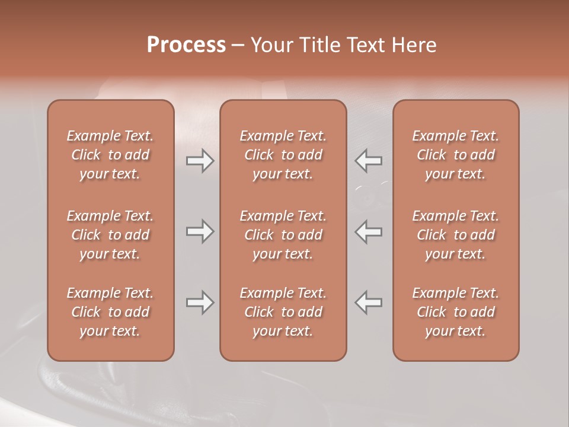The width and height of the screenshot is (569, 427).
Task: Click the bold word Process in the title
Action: (186, 45)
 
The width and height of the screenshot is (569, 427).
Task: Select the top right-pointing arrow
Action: (200, 161)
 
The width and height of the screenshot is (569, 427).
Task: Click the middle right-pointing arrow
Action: (200, 231)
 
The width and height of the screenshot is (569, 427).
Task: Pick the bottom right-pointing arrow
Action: (200, 302)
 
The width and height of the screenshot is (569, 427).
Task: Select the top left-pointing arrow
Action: (369, 161)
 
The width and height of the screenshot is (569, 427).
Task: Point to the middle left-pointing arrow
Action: (369, 231)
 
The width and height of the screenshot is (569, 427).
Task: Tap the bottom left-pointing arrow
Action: (369, 302)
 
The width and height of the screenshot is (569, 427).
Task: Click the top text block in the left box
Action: (110, 155)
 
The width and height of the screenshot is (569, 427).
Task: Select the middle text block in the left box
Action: (110, 235)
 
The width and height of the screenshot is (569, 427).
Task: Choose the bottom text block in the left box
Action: (110, 312)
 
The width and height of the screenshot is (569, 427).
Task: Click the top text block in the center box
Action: (283, 155)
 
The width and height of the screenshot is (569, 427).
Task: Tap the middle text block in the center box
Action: (283, 235)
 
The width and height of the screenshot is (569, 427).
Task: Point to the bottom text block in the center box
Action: (283, 312)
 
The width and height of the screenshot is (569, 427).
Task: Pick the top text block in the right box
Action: (456, 155)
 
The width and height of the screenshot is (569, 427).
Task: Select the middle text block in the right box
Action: (456, 235)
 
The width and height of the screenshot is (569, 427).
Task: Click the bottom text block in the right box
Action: (456, 312)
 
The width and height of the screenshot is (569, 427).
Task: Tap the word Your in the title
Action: (270, 45)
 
